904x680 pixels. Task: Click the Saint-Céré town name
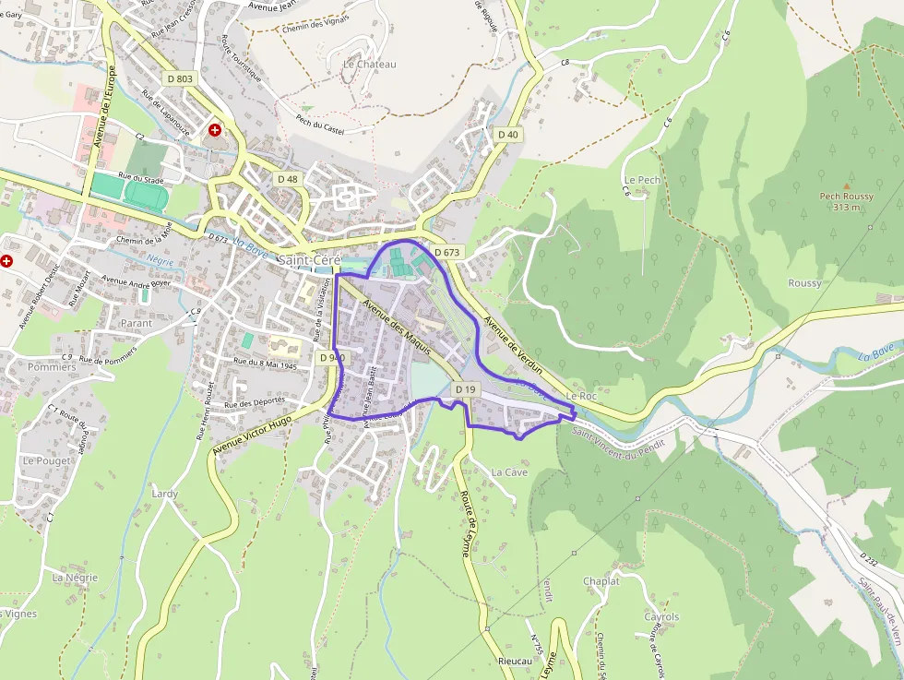(x=309, y=261)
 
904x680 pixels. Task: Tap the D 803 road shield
(x=181, y=79)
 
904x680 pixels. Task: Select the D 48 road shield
(x=287, y=179)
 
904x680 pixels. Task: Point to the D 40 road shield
(x=507, y=135)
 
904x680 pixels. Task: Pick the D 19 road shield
(x=466, y=390)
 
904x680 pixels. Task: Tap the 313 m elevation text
(x=846, y=208)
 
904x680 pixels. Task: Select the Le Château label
(x=369, y=65)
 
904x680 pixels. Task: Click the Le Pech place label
(x=642, y=180)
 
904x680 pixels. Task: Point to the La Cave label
(x=509, y=471)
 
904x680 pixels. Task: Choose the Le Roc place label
(x=582, y=396)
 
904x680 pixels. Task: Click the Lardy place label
(x=164, y=494)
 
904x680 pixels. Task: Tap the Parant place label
(x=137, y=324)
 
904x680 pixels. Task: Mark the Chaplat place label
(x=601, y=581)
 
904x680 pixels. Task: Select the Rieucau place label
(x=515, y=662)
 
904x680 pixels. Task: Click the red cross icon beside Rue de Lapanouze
(x=215, y=131)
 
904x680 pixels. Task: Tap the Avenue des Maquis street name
(x=397, y=320)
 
